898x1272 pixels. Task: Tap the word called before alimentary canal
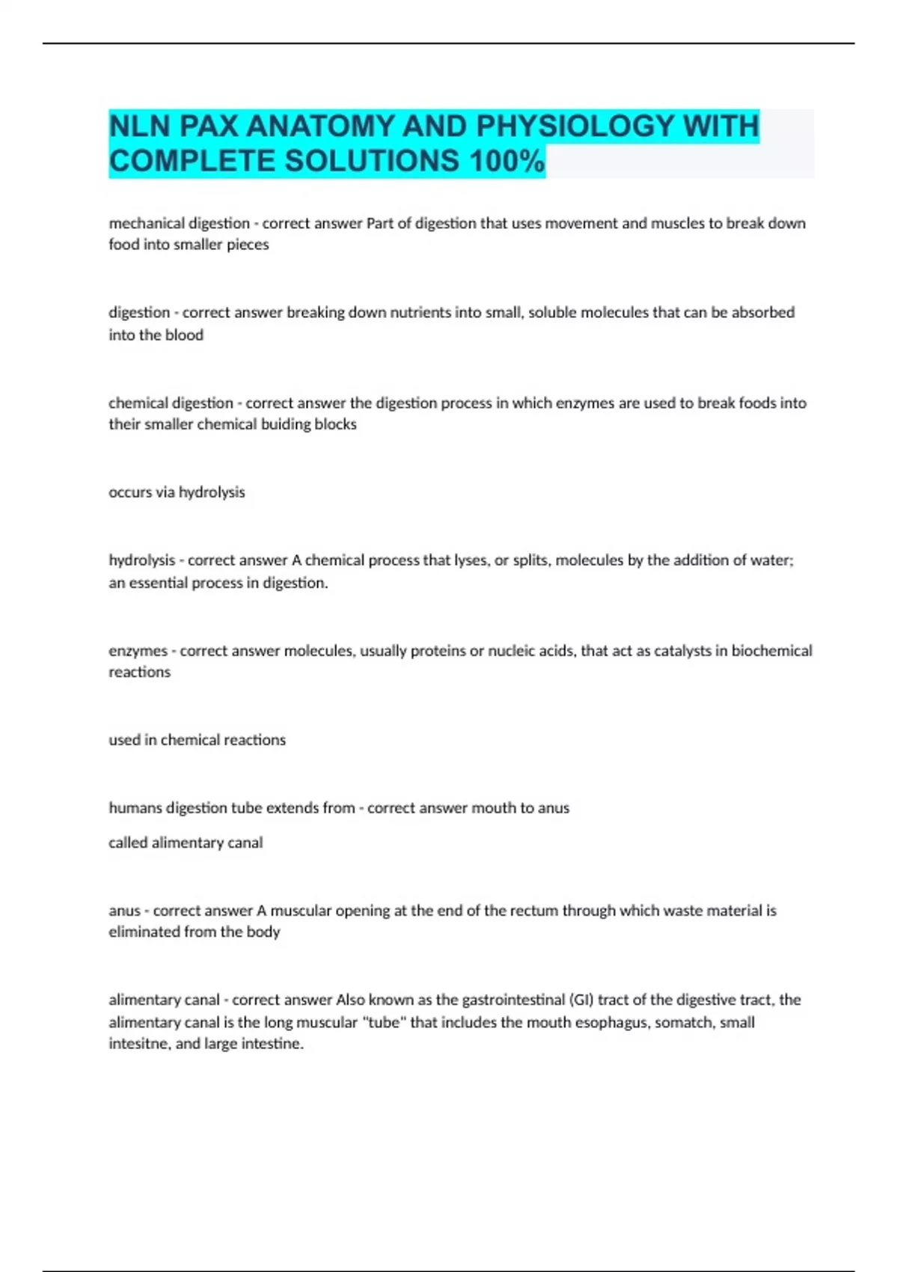pos(127,843)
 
